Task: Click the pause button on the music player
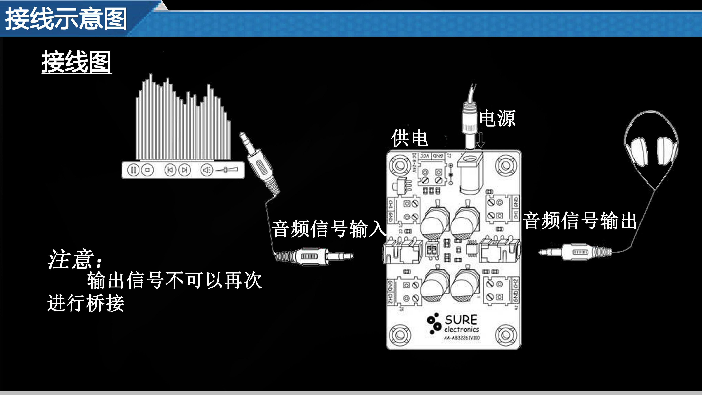pos(133,170)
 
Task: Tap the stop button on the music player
pos(147,170)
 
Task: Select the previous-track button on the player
pos(170,170)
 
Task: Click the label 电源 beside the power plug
pos(497,118)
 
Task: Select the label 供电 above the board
pos(409,138)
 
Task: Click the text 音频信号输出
pos(580,220)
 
